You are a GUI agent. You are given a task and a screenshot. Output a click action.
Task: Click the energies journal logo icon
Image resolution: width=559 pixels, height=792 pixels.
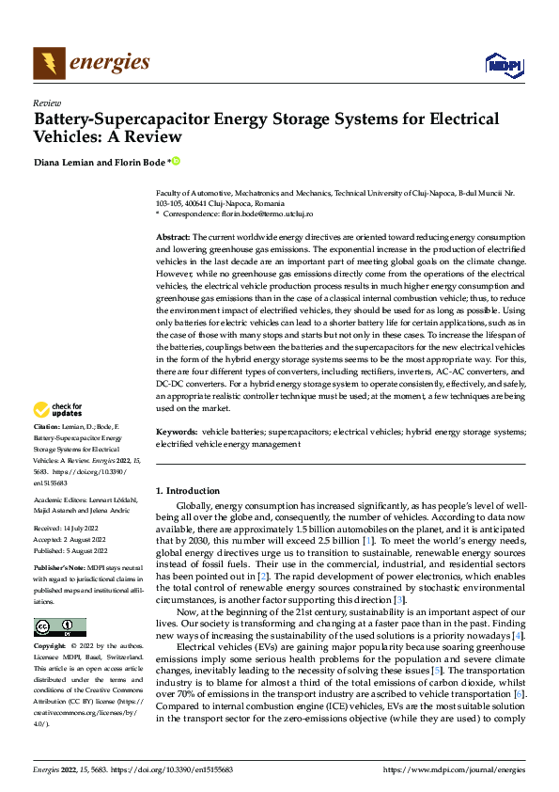48,62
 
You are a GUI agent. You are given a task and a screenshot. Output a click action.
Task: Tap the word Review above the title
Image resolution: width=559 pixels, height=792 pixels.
47,103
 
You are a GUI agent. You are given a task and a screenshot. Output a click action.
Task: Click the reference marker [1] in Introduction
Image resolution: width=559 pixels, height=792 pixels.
370,541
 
